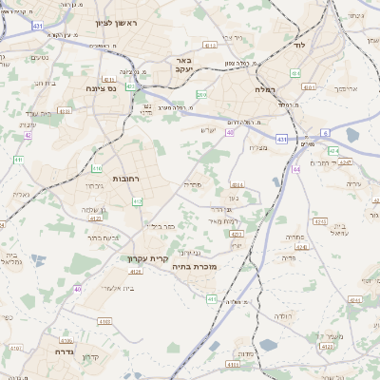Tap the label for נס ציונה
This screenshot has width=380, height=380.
click(x=100, y=88)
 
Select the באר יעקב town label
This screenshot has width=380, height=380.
click(x=183, y=65)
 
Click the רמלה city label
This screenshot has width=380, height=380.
click(x=265, y=88)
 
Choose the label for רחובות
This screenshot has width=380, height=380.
click(x=127, y=178)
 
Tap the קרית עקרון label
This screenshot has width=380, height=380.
click(x=147, y=257)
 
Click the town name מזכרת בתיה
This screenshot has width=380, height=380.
click(x=225, y=267)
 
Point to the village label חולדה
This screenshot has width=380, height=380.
click(x=282, y=314)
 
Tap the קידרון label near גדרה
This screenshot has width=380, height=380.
click(x=90, y=357)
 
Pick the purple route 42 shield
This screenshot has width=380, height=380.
click(x=28, y=136)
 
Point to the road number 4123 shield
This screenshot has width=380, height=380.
click(x=97, y=218)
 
